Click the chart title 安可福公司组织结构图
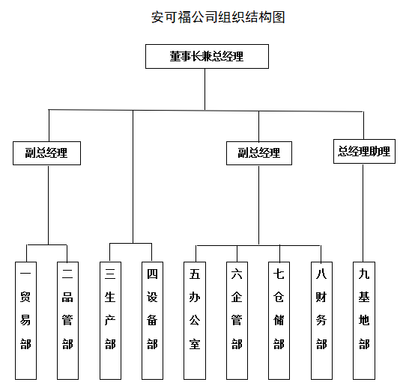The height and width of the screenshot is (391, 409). (218, 17)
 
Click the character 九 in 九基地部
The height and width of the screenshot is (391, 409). (364, 274)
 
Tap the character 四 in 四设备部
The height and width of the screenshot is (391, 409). (152, 274)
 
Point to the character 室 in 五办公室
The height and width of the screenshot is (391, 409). (195, 344)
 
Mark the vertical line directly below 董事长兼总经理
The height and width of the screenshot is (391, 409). (204, 89)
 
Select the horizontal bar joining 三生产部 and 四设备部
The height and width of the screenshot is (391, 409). (130, 244)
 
